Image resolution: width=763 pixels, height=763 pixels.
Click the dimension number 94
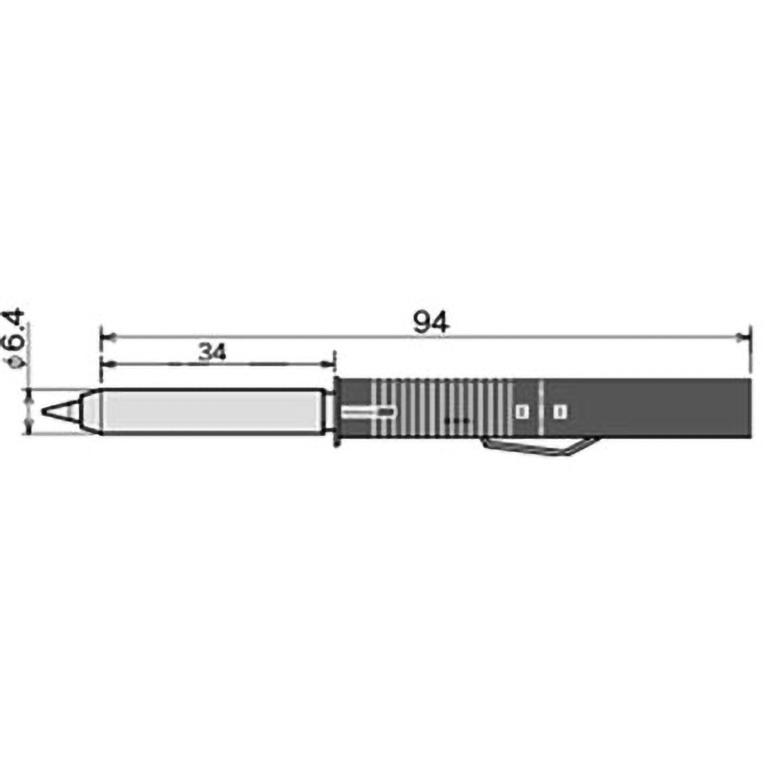pyautogui.click(x=431, y=322)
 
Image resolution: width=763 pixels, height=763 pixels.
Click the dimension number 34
pyautogui.click(x=213, y=352)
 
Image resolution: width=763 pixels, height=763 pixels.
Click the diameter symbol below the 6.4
pyautogui.click(x=16, y=362)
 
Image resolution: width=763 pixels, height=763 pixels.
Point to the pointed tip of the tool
pyautogui.click(x=43, y=412)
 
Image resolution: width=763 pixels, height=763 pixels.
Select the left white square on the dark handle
pyautogui.click(x=522, y=412)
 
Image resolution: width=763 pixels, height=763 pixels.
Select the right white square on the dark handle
pyautogui.click(x=560, y=412)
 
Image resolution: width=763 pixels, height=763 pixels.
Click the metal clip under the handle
pyautogui.click(x=538, y=447)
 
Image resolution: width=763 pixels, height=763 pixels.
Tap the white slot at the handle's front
pyautogui.click(x=368, y=412)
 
